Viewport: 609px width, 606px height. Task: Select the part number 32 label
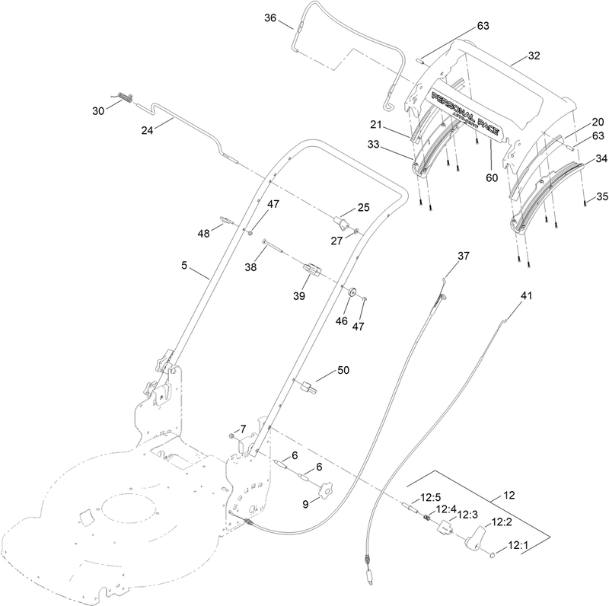[533, 56]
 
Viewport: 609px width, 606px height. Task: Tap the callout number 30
[98, 110]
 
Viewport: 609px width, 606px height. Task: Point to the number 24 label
[147, 130]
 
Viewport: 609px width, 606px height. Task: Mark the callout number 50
[343, 370]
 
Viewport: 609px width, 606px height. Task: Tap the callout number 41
[527, 294]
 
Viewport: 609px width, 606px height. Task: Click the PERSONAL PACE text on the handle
[464, 115]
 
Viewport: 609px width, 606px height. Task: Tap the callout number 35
[601, 196]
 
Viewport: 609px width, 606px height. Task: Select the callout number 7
[244, 429]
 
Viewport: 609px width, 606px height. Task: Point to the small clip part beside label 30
[126, 98]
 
